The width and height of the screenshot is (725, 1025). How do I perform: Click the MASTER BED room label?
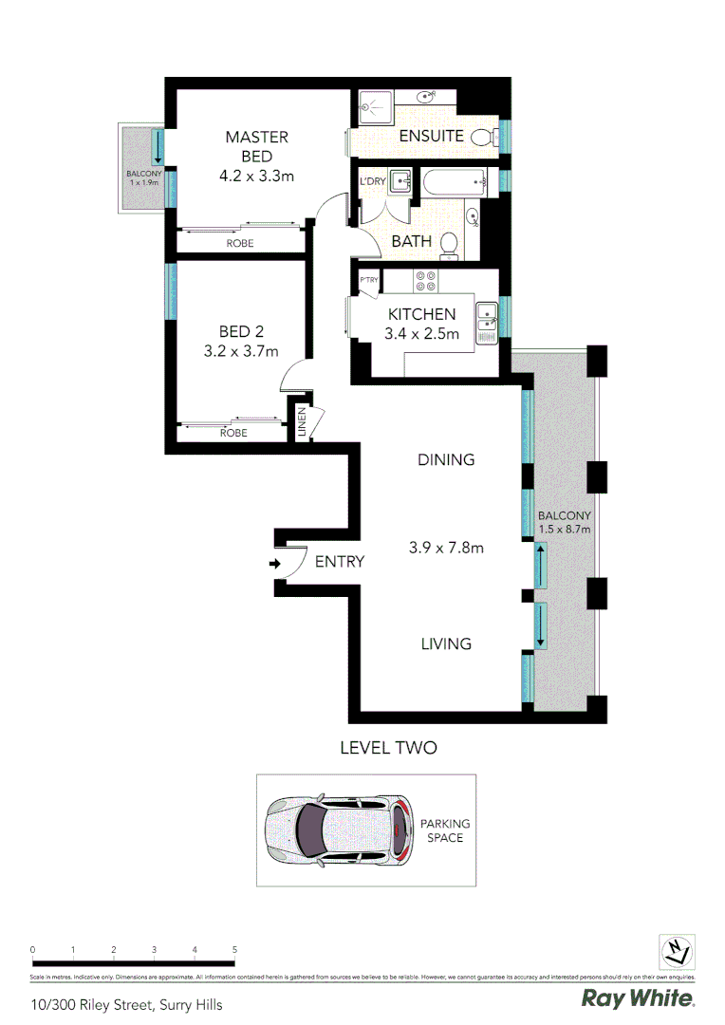pyautogui.click(x=256, y=146)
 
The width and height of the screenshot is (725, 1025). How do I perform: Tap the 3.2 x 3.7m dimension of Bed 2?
pyautogui.click(x=241, y=351)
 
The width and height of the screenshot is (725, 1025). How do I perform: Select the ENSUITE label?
pyautogui.click(x=431, y=136)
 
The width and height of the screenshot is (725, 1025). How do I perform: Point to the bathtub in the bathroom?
pyautogui.click(x=454, y=180)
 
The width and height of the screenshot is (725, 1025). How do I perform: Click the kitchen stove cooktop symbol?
pyautogui.click(x=424, y=282)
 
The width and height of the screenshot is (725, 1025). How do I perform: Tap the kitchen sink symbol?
pyautogui.click(x=487, y=316)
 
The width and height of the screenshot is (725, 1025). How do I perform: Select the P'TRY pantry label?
pyautogui.click(x=369, y=281)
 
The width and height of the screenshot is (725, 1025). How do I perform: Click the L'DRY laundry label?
pyautogui.click(x=371, y=181)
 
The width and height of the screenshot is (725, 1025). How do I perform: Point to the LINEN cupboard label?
pyautogui.click(x=302, y=420)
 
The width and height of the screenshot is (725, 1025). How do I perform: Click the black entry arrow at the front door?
pyautogui.click(x=274, y=564)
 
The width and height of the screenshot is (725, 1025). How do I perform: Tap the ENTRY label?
pyautogui.click(x=339, y=562)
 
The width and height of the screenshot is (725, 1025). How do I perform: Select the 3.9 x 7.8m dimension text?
pyautogui.click(x=446, y=548)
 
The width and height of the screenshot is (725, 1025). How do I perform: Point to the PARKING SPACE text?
pyautogui.click(x=445, y=830)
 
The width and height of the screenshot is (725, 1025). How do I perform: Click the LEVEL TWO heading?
pyautogui.click(x=388, y=748)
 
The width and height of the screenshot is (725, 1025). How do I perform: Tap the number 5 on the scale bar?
pyautogui.click(x=234, y=949)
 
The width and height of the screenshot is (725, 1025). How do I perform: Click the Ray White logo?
pyautogui.click(x=638, y=998)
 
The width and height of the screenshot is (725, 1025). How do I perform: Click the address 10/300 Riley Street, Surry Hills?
pyautogui.click(x=126, y=1003)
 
